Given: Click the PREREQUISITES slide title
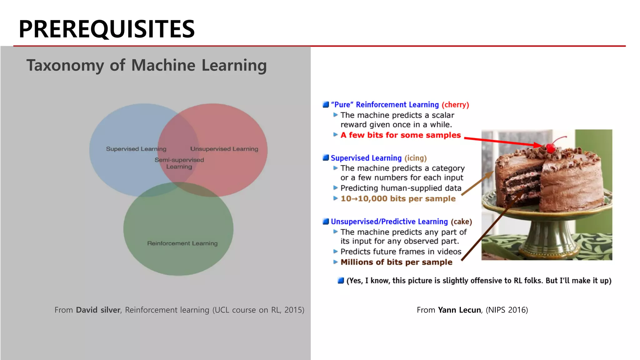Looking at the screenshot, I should (107, 29).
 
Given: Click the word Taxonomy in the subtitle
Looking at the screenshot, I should (65, 66).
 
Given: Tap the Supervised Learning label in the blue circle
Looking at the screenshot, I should (136, 149).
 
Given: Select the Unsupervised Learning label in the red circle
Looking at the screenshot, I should (224, 149).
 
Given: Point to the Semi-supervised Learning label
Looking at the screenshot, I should (179, 163).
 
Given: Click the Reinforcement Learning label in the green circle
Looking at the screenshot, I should (182, 243).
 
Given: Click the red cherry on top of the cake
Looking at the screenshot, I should (551, 147).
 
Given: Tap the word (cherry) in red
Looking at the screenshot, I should (455, 105).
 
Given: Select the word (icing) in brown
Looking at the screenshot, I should (415, 158).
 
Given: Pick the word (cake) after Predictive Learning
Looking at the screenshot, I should (461, 222).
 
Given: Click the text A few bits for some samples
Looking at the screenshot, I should (400, 135).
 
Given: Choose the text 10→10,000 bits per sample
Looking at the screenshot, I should (398, 198).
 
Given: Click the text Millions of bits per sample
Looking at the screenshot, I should (396, 262).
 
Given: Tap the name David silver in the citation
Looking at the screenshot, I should (98, 310).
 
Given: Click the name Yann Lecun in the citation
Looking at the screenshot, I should (459, 310).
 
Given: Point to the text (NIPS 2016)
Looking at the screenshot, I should (507, 310).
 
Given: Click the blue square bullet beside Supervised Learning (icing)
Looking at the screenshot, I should (326, 158).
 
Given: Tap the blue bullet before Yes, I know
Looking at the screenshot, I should (341, 281).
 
